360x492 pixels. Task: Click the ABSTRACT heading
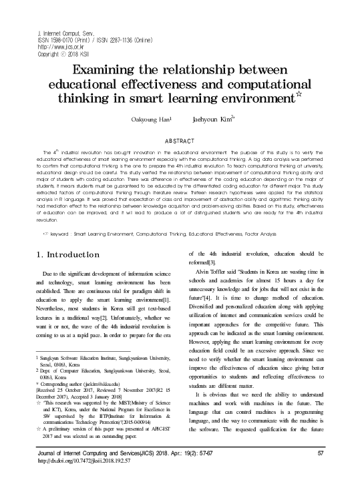180,140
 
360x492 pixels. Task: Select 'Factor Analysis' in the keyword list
285,216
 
